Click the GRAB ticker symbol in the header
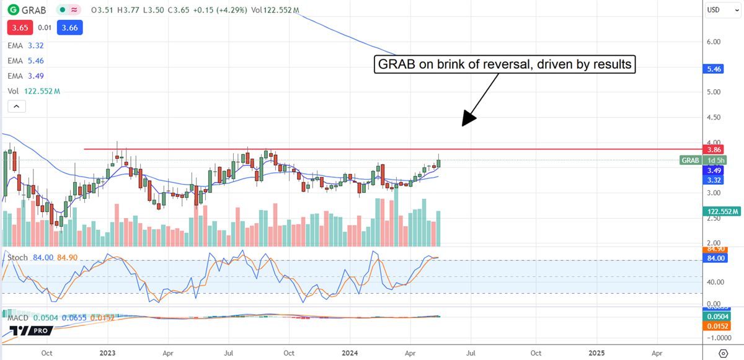click(x=33, y=11)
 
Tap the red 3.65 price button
click(x=20, y=27)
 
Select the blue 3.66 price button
click(x=69, y=27)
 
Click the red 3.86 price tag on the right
click(x=715, y=149)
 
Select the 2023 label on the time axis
click(x=108, y=353)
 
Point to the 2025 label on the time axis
click(x=596, y=353)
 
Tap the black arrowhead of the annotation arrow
click(x=467, y=121)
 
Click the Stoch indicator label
click(x=17, y=258)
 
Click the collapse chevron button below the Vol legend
click(x=16, y=107)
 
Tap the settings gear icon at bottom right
click(x=723, y=353)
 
